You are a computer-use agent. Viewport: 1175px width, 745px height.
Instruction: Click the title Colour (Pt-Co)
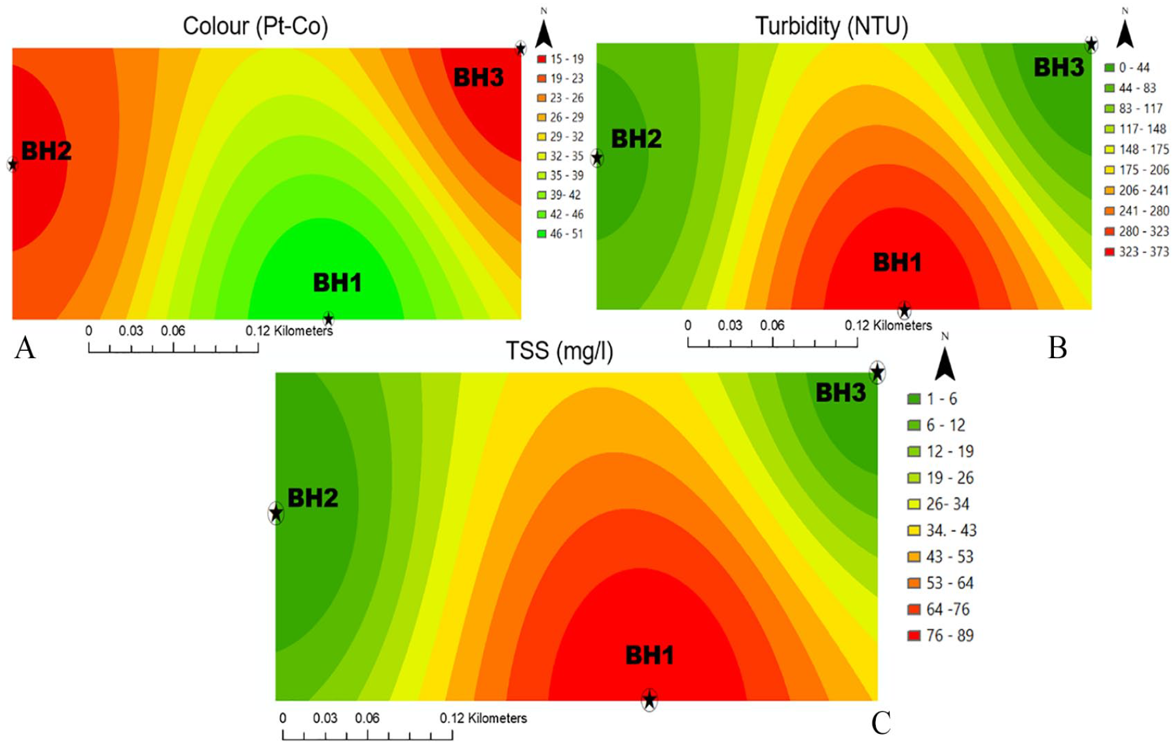pyautogui.click(x=255, y=26)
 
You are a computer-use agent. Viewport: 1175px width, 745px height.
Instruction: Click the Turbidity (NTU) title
pyautogui.click(x=831, y=26)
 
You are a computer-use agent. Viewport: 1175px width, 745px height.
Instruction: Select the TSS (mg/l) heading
pyautogui.click(x=560, y=352)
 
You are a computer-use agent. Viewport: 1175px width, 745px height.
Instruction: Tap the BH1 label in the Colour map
pyautogui.click(x=337, y=283)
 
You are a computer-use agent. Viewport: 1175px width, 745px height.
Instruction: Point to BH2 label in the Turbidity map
pyautogui.click(x=636, y=139)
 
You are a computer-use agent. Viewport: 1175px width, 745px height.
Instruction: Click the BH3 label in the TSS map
pyautogui.click(x=841, y=393)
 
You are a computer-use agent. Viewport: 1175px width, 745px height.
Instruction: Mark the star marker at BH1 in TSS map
pyautogui.click(x=649, y=700)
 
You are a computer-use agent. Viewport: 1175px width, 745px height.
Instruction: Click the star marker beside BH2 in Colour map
pyautogui.click(x=12, y=164)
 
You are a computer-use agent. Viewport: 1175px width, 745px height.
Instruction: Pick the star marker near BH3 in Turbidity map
pyautogui.click(x=1091, y=45)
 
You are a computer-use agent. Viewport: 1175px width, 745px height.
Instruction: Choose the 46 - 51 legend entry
pyautogui.click(x=560, y=234)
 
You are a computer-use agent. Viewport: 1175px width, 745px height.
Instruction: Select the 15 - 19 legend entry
pyautogui.click(x=560, y=59)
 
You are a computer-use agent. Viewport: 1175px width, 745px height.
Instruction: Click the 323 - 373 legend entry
pyautogui.click(x=1136, y=251)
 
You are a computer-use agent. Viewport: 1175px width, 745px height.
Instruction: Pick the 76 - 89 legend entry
pyautogui.click(x=941, y=635)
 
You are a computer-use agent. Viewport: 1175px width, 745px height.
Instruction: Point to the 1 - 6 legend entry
pyautogui.click(x=932, y=399)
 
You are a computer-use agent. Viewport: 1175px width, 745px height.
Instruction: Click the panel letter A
pyautogui.click(x=25, y=348)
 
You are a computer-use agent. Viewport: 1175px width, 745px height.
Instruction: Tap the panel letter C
pyautogui.click(x=881, y=723)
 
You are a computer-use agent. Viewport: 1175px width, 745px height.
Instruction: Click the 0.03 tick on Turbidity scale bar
pyautogui.click(x=730, y=325)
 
